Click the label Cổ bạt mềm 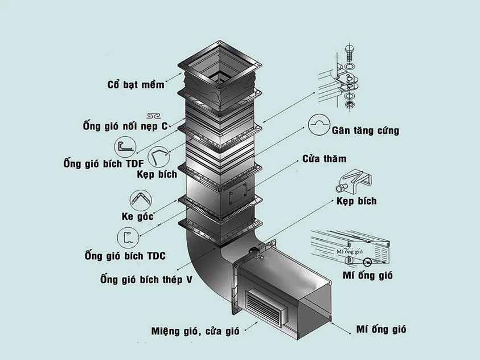[x=136, y=85]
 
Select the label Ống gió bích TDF [x=103, y=165]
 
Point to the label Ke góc [x=138, y=216]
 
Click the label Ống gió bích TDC [x=125, y=256]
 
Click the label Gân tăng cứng [x=365, y=130]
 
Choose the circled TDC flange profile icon [x=127, y=238]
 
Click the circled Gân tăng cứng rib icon [x=321, y=124]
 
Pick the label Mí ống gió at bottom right [x=381, y=329]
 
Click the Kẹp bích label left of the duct [x=157, y=174]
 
